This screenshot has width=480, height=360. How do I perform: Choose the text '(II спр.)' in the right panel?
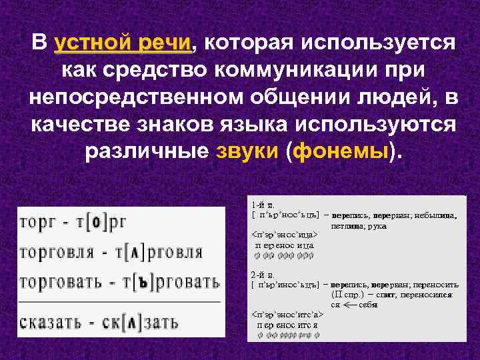(347, 294)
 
